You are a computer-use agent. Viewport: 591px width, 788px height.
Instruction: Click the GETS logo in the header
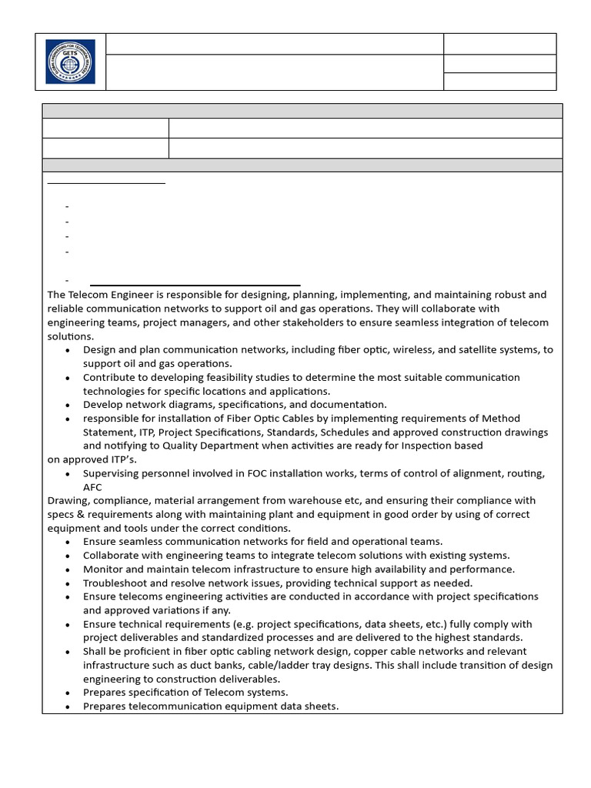point(70,62)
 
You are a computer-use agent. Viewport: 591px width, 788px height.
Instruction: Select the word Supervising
point(112,473)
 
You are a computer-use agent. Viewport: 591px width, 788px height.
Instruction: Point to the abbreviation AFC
point(92,487)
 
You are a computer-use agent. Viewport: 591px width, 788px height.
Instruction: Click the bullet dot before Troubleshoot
point(68,583)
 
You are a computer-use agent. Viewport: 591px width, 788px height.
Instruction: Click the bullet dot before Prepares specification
point(68,693)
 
